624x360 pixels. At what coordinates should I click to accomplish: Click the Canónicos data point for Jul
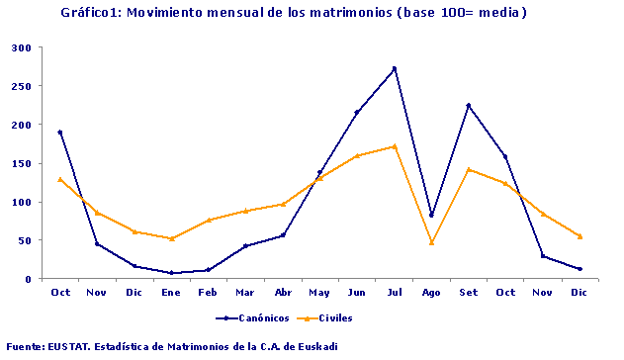tap(394, 68)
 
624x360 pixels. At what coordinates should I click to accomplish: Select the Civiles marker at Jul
tap(394, 146)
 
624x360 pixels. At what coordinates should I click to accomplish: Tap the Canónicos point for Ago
tap(431, 215)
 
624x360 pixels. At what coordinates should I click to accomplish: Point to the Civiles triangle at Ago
tap(431, 242)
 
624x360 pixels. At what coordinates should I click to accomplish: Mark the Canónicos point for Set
tap(468, 105)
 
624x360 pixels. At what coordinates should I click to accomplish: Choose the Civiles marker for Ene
tap(171, 238)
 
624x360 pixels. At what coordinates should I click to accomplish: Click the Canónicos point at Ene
tap(171, 272)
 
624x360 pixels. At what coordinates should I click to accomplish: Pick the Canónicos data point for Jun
tap(356, 113)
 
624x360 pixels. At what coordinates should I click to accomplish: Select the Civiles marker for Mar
tap(245, 211)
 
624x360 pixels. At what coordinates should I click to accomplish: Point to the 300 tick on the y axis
tap(22, 47)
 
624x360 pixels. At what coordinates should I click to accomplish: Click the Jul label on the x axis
tap(394, 292)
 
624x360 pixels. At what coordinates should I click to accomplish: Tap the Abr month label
tap(282, 292)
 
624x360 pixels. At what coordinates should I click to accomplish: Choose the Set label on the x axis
tap(468, 292)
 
